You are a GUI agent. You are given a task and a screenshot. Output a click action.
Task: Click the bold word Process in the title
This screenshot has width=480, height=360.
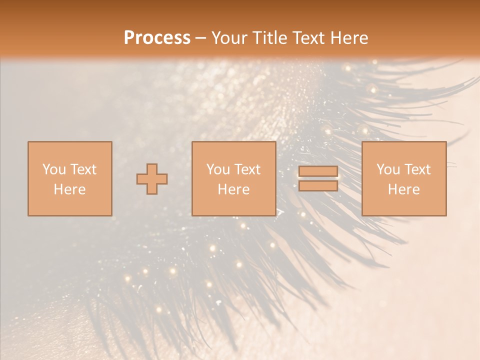tap(157, 38)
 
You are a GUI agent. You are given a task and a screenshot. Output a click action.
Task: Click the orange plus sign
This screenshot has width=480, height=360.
tap(152, 179)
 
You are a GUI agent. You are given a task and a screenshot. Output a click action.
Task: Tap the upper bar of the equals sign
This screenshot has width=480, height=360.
tap(318, 171)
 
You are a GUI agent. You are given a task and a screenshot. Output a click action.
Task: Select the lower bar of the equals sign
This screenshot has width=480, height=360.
tap(318, 186)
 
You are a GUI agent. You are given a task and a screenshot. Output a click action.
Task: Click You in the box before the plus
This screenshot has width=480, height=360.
tap(53, 169)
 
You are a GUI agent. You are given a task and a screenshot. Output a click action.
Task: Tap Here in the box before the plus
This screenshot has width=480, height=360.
tap(69, 189)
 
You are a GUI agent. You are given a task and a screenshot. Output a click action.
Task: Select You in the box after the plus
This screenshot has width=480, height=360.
tap(217, 169)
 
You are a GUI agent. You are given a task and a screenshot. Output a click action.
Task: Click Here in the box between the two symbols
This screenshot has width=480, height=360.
tap(233, 189)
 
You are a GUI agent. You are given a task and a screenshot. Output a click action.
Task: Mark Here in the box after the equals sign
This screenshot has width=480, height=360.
tap(404, 189)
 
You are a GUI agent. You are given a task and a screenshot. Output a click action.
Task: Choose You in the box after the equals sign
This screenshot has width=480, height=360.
tap(387, 169)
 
